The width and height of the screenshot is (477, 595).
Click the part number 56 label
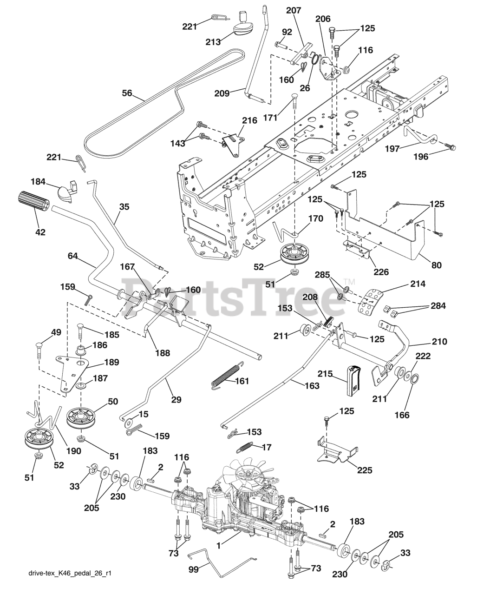pos(127,93)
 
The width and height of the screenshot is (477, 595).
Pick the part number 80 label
pos(436,265)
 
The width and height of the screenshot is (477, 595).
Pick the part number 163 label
pos(312,385)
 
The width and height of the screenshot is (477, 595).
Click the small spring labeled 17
pos(247,447)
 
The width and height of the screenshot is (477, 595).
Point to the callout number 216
pos(249,121)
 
